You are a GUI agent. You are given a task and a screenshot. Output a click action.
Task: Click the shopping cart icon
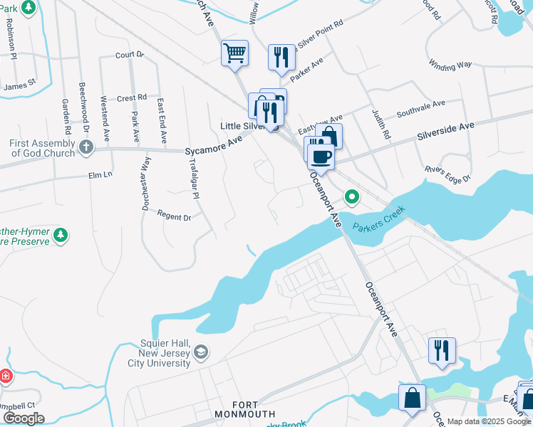(234, 53)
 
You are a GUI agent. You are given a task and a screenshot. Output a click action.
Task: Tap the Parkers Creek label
(379, 216)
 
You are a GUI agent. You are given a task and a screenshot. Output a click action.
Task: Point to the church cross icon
(86, 148)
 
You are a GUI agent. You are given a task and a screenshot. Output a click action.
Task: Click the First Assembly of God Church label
(42, 148)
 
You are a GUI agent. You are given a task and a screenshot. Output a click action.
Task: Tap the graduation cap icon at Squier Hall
(202, 352)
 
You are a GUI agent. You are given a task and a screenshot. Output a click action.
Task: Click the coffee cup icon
(321, 156)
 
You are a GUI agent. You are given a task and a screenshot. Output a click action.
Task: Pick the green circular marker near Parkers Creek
(351, 196)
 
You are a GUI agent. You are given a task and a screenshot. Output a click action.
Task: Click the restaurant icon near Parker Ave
(281, 57)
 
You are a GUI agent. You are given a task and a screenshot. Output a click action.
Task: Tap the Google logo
(24, 418)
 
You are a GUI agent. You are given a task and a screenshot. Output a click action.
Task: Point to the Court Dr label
(130, 54)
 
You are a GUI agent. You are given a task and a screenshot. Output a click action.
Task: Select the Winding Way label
(450, 65)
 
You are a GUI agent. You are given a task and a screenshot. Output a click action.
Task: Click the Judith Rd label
(381, 124)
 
